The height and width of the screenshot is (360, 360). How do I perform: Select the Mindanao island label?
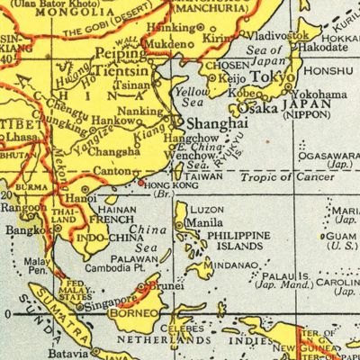(235, 265)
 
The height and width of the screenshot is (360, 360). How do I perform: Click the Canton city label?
(112, 170)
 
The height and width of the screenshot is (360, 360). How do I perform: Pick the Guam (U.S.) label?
(342, 239)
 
